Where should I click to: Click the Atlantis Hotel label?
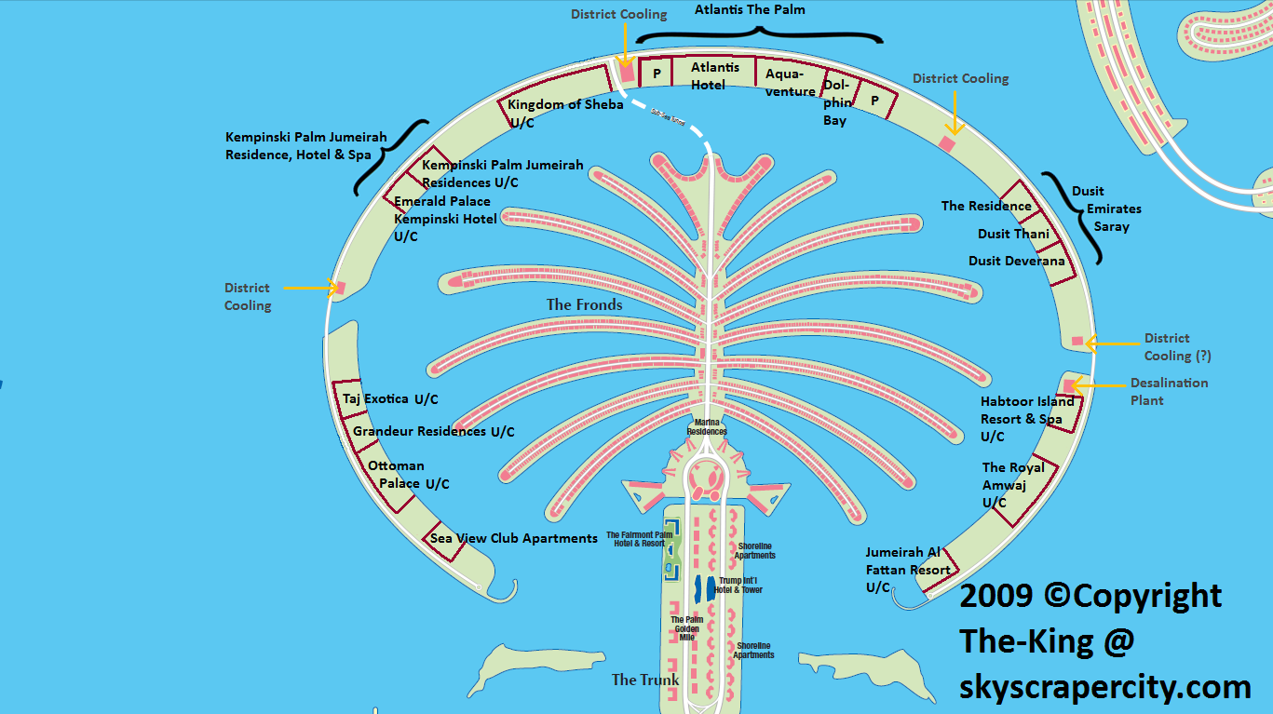pos(715,76)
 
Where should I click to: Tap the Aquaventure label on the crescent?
pos(791,82)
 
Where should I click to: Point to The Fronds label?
pos(584,304)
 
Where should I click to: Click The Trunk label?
pos(645,680)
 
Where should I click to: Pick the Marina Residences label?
pos(707,427)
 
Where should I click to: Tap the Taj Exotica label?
pos(389,399)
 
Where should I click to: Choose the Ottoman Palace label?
pos(408,475)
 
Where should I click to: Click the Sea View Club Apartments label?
pos(513,538)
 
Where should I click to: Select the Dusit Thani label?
pos(1013,234)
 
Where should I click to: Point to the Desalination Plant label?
pos(1169,391)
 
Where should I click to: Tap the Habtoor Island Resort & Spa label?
pos(1026,419)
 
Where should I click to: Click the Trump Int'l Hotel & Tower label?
pos(740,585)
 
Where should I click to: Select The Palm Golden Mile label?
pos(686,628)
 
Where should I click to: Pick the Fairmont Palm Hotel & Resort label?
pos(639,539)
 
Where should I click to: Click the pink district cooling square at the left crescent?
pos(340,288)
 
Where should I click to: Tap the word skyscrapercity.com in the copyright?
pos(1105,688)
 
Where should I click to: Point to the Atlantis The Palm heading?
pos(750,10)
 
